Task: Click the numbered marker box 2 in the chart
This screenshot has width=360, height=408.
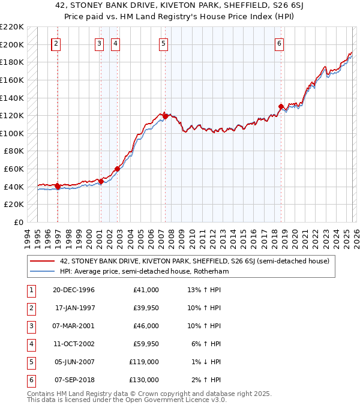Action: (56, 43)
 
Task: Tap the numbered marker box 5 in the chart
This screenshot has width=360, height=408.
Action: (163, 43)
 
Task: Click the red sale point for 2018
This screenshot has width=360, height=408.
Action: (281, 107)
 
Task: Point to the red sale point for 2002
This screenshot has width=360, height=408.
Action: (117, 169)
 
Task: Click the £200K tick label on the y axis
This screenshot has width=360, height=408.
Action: (13, 44)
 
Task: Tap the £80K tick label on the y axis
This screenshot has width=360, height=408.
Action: (15, 151)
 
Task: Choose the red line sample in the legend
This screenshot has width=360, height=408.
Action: (42, 261)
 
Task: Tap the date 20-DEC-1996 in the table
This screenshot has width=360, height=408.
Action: (74, 290)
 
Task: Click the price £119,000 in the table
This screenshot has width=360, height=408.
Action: (145, 362)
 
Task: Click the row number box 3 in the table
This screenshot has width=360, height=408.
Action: (30, 326)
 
